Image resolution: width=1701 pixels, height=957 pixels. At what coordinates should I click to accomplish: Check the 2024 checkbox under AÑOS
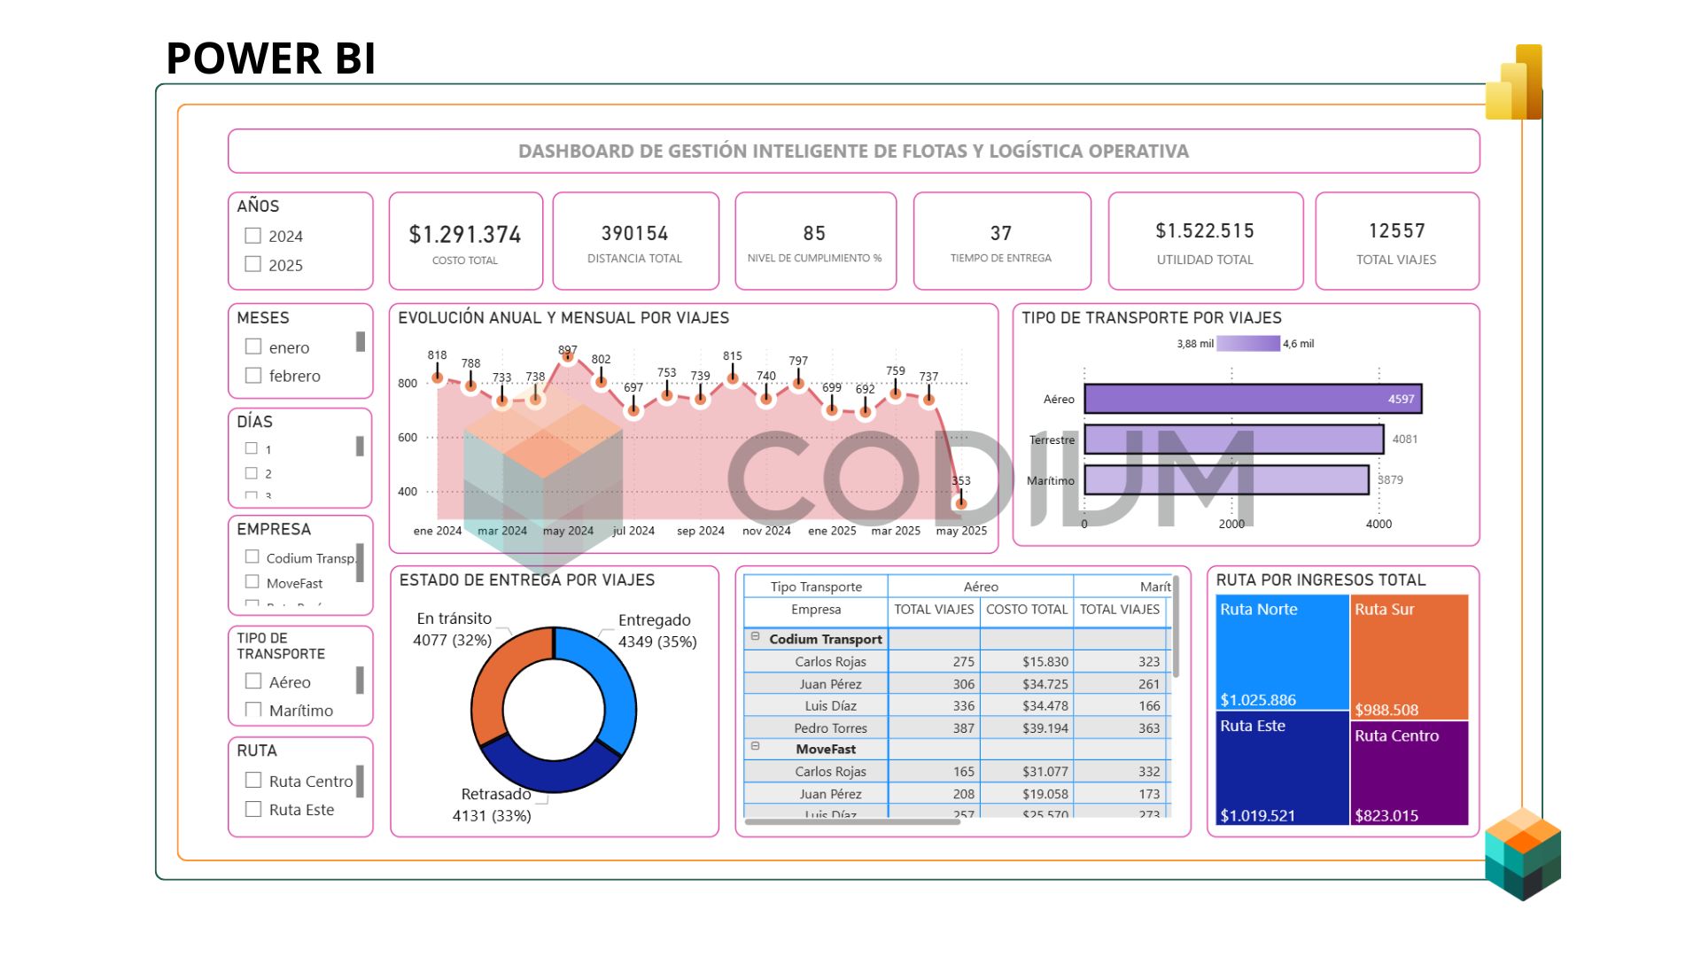pyautogui.click(x=253, y=236)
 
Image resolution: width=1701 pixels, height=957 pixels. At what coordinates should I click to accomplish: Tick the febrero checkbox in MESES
pyautogui.click(x=253, y=376)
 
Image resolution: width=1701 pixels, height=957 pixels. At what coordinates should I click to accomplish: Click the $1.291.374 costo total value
pyautogui.click(x=465, y=235)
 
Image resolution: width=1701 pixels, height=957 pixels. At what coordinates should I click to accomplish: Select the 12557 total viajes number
pyautogui.click(x=1396, y=231)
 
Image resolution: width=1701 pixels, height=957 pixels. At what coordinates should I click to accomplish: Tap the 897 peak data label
pyautogui.click(x=568, y=349)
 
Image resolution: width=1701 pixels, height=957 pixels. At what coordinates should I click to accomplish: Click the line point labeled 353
pyautogui.click(x=960, y=503)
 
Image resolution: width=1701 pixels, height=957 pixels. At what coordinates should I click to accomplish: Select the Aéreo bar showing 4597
pyautogui.click(x=1253, y=399)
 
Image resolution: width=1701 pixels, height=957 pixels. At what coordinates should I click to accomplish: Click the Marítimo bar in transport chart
pyautogui.click(x=1226, y=480)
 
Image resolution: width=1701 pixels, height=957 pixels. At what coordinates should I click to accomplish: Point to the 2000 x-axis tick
pyautogui.click(x=1231, y=524)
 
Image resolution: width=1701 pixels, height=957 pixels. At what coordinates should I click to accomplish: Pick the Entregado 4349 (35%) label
pyautogui.click(x=656, y=631)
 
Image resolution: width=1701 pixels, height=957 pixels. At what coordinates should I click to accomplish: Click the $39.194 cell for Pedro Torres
pyautogui.click(x=1045, y=728)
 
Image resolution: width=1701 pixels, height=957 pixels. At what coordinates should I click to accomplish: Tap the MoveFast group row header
pyautogui.click(x=825, y=750)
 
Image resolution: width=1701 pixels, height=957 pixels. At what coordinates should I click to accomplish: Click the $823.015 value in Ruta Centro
pyautogui.click(x=1386, y=815)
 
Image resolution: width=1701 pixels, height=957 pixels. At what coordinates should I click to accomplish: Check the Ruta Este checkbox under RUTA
pyautogui.click(x=253, y=809)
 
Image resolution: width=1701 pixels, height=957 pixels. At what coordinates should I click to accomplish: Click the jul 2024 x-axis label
pyautogui.click(x=633, y=531)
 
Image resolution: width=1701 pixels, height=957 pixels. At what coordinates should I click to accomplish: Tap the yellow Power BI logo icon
pyautogui.click(x=1515, y=83)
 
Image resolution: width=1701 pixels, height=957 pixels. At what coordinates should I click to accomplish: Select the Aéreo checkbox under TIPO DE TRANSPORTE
pyautogui.click(x=253, y=681)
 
